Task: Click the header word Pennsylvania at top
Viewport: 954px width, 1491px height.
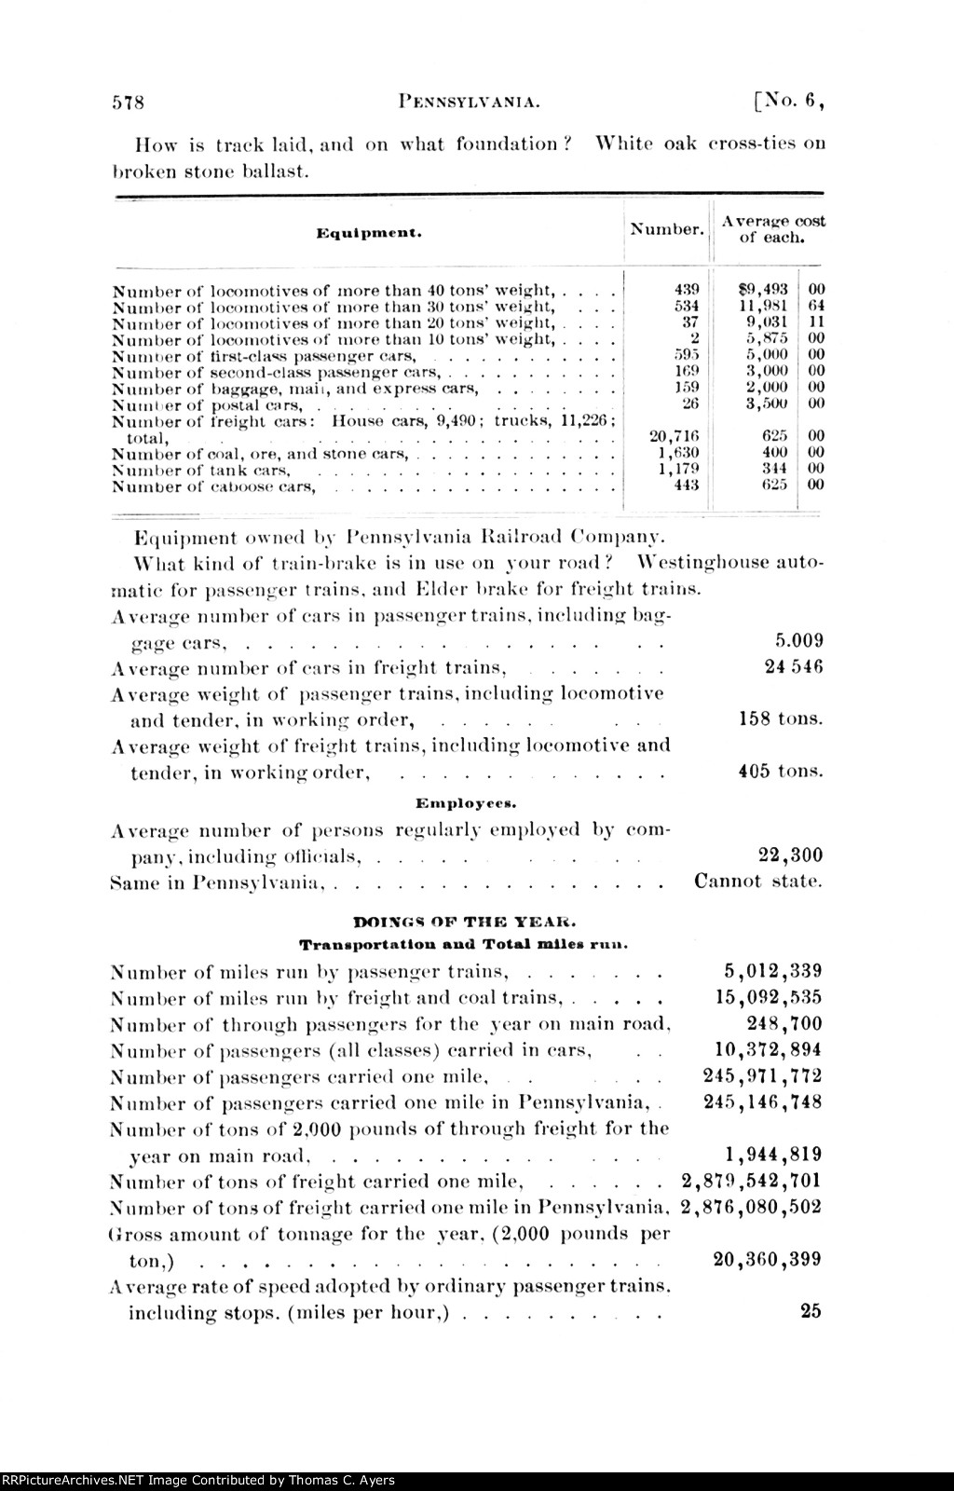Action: (x=470, y=103)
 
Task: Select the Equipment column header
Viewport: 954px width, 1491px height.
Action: (x=369, y=233)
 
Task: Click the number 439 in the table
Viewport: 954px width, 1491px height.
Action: (x=687, y=289)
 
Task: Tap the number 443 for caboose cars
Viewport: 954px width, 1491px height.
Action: (x=687, y=485)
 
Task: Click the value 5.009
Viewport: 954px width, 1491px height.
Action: (x=798, y=641)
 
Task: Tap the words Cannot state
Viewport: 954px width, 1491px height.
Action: (x=758, y=882)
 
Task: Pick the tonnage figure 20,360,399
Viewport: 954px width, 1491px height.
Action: (x=768, y=1260)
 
